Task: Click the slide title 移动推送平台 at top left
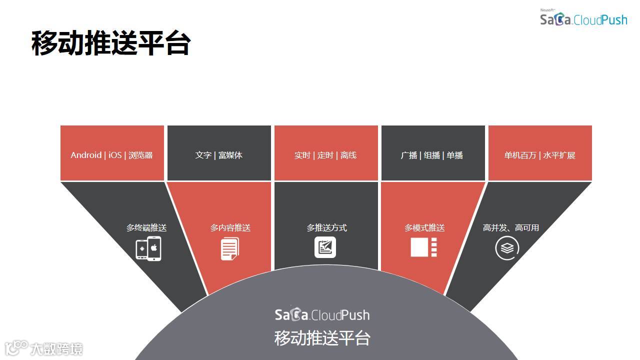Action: coord(110,43)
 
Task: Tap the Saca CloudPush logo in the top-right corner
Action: coord(583,19)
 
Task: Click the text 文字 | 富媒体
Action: coord(218,155)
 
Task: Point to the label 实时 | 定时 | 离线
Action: coord(325,155)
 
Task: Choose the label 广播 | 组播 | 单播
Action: coord(432,155)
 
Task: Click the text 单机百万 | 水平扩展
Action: coord(539,155)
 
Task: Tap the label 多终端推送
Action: coord(146,228)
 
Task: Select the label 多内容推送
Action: coord(230,228)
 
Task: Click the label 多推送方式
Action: coord(326,228)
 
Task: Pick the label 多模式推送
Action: coord(424,228)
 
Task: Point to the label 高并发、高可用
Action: coord(511,228)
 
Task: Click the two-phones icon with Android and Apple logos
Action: coord(148,248)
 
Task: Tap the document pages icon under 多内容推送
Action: coord(230,248)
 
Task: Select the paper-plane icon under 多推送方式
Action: coord(325,247)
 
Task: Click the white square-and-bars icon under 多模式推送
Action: coord(424,247)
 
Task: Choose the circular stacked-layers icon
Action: coord(507,248)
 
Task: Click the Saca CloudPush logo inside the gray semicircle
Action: coord(322,314)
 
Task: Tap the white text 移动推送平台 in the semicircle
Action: coord(322,338)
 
